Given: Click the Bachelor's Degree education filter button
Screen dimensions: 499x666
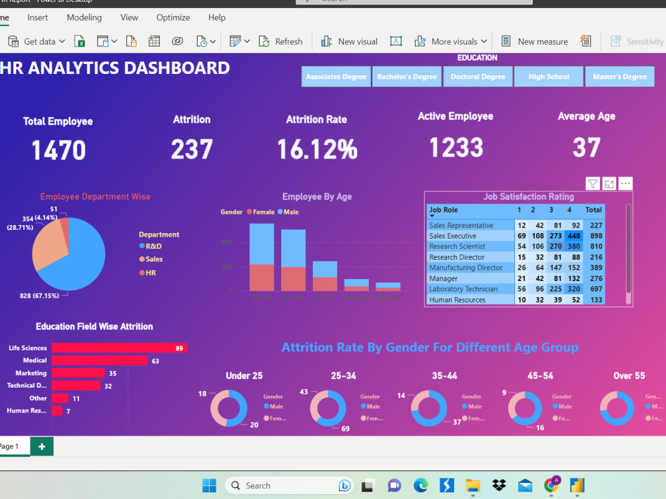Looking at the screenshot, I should [x=406, y=77].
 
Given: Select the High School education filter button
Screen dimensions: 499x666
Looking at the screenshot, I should [x=549, y=77].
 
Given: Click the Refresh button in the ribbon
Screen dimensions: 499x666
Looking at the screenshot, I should [x=282, y=41].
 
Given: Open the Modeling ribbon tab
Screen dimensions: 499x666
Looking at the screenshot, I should [x=84, y=17].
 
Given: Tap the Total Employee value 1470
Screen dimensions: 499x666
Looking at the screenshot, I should [x=59, y=150].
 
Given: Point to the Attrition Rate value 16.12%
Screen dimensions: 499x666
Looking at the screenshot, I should [x=317, y=149].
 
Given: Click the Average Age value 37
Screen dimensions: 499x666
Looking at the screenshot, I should [x=586, y=147].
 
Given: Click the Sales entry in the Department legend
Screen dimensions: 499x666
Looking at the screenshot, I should [x=154, y=259].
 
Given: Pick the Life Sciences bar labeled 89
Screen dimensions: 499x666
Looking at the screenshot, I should [x=119, y=348].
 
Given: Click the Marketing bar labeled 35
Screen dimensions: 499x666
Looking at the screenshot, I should [x=78, y=373].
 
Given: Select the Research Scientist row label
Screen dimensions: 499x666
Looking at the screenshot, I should [x=457, y=247].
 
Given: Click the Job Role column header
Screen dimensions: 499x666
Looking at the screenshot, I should [x=444, y=210].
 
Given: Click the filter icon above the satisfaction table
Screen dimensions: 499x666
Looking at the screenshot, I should [x=592, y=184].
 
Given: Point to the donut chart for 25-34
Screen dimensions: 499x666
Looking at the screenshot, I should [x=328, y=408].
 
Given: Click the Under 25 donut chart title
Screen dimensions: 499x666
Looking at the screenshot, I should [x=244, y=376].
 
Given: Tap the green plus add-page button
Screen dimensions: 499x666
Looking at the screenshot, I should [x=42, y=446].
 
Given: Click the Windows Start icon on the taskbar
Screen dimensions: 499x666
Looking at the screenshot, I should [x=209, y=485].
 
